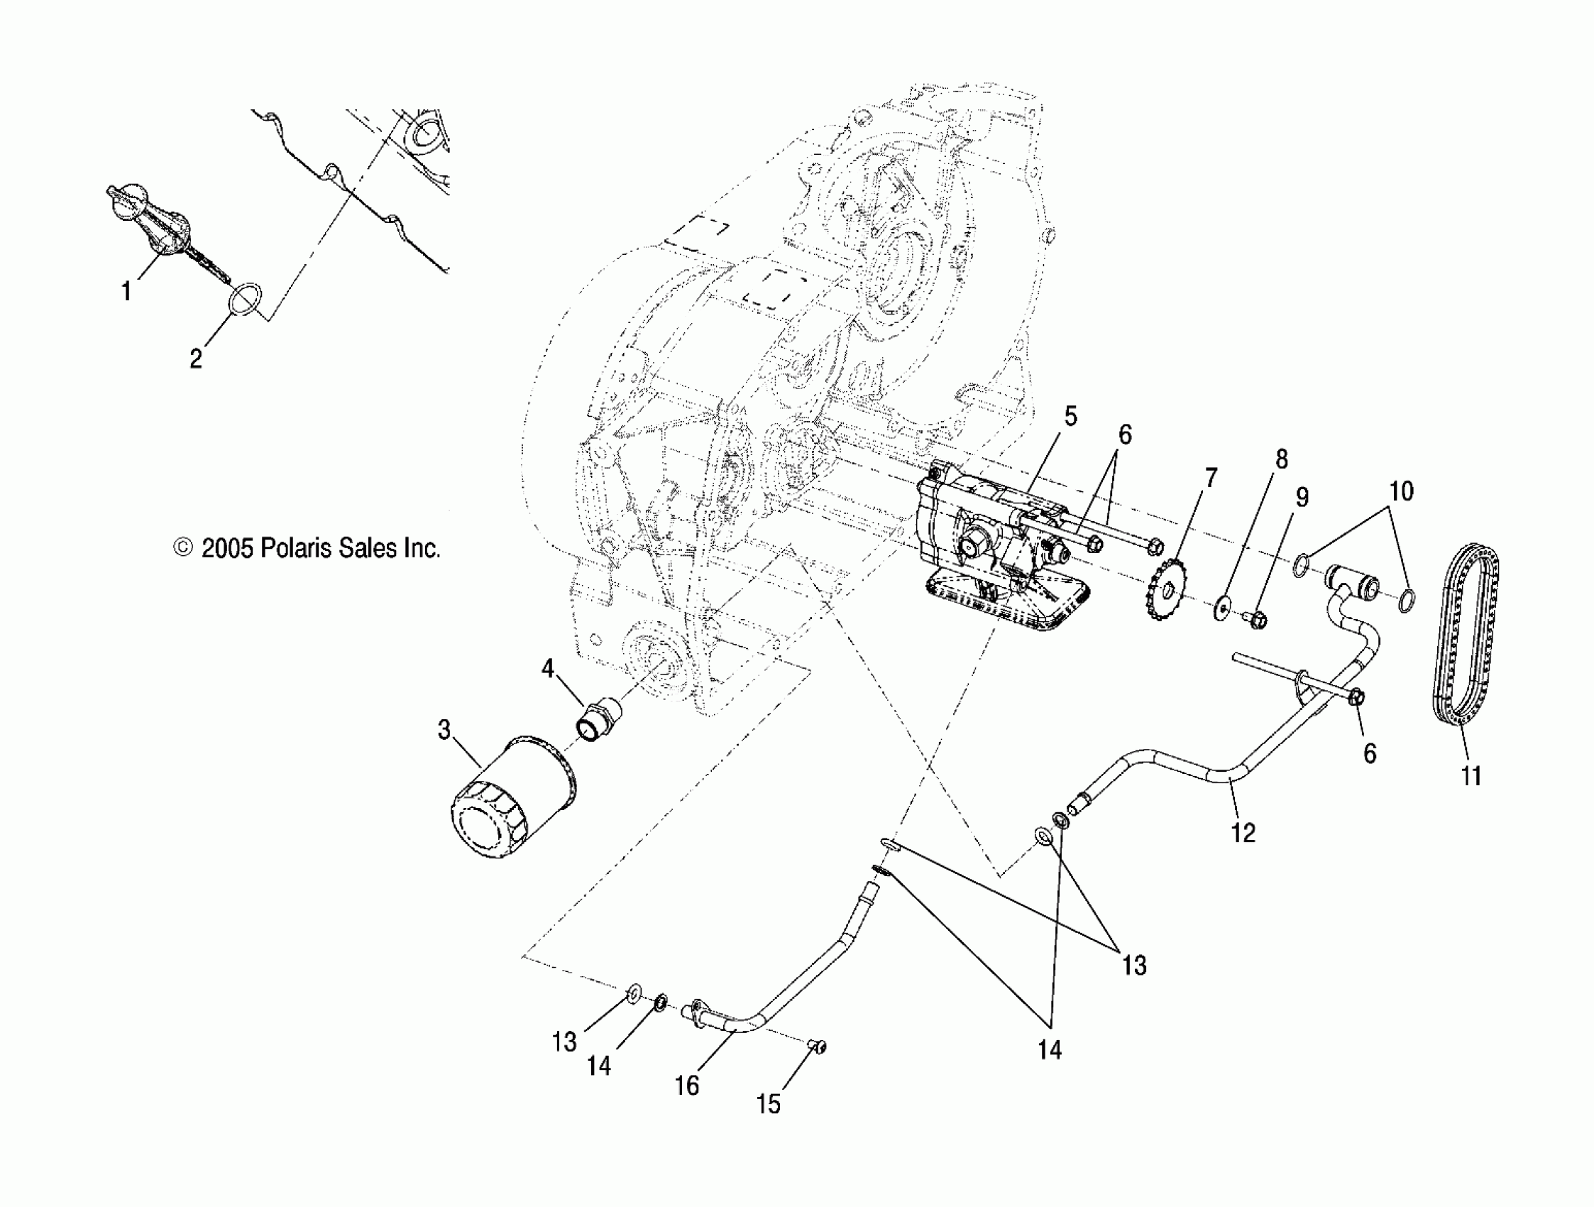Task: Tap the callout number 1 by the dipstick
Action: [127, 292]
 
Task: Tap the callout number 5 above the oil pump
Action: [1070, 417]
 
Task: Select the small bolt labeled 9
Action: [1257, 618]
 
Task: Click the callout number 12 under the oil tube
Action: [1243, 833]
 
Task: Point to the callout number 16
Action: [687, 1085]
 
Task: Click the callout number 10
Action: [1401, 492]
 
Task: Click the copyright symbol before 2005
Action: [184, 548]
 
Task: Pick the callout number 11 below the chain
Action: [1471, 777]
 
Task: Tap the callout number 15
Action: [768, 1104]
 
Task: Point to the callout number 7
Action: [1211, 477]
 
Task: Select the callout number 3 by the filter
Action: [444, 730]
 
